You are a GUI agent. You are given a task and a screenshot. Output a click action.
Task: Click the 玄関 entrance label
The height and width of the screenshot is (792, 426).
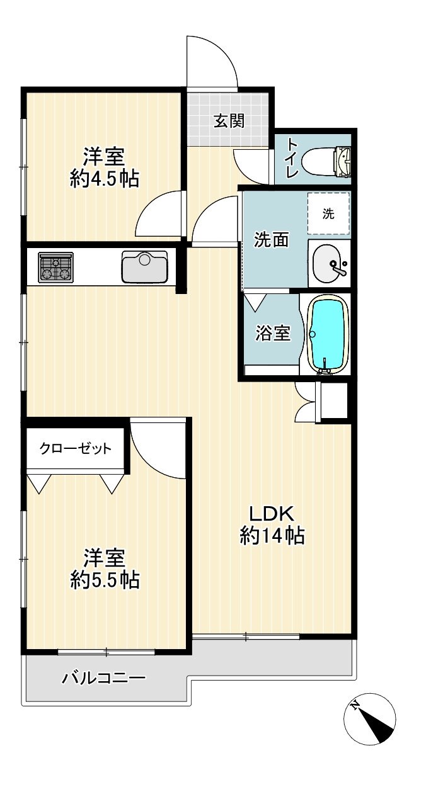point(229,122)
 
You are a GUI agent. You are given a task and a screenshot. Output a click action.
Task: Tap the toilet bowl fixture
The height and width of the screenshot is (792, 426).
point(326,161)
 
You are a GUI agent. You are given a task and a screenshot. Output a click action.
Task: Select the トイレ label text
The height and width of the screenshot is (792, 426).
point(292,158)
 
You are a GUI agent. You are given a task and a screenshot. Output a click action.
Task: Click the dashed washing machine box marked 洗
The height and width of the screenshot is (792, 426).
point(328,213)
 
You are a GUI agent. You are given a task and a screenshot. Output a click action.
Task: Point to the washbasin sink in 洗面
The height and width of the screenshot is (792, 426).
point(328,263)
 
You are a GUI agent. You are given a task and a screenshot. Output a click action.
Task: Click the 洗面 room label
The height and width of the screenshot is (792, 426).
point(272,240)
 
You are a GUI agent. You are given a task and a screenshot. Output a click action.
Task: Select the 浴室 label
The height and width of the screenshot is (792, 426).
point(273,333)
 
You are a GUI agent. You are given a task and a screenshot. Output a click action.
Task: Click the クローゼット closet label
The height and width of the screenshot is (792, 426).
point(76,448)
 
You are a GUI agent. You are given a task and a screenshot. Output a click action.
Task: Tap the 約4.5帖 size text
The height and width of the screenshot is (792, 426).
point(105,179)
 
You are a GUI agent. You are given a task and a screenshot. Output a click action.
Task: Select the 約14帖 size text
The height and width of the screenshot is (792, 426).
point(272,536)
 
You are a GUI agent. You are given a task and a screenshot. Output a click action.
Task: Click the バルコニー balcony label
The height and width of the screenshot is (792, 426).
point(104,678)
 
